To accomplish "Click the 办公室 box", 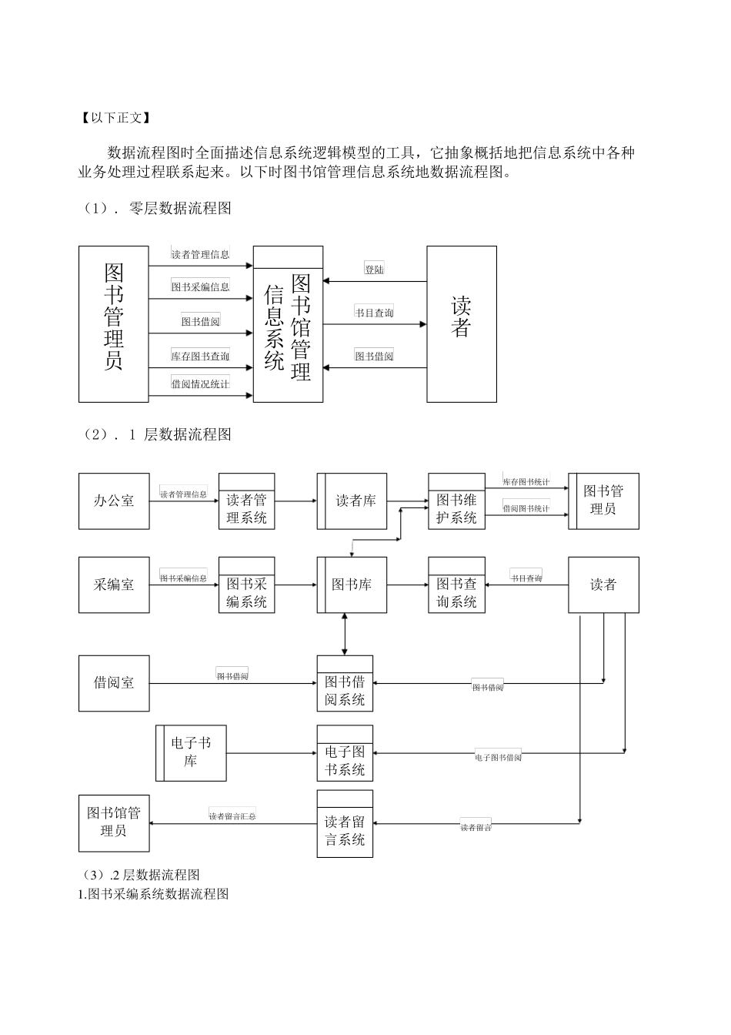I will coord(114,501).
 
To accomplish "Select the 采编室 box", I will coord(114,585).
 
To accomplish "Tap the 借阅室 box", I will coord(114,683).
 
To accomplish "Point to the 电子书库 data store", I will coord(191,752).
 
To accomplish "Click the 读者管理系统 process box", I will coord(246,501).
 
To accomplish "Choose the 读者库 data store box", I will coord(352,501).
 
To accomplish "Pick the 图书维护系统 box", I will coord(456,501).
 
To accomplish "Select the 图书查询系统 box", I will coord(456,585).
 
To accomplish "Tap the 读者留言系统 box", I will coord(345,824).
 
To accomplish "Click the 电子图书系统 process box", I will coord(345,753).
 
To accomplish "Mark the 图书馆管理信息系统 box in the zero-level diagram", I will coord(288,324).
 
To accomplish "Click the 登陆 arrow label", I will coord(374,270).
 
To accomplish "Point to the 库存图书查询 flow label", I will coord(200,356).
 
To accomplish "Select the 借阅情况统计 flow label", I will coord(200,384).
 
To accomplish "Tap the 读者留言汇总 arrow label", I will coord(232,816).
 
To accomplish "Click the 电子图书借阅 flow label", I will coord(499,757).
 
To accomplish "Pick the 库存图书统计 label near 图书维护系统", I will coord(526,481).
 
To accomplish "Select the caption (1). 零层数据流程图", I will coord(157,208).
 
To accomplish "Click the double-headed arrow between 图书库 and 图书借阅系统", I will coord(345,635).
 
